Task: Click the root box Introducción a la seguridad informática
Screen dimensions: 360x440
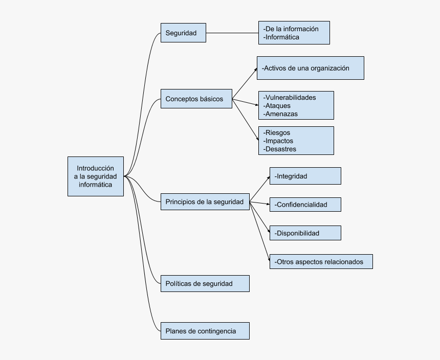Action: tap(96, 176)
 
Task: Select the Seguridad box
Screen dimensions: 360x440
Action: tap(183, 33)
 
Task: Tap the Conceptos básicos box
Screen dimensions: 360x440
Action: tap(196, 99)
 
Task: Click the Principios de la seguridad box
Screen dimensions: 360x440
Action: tap(205, 202)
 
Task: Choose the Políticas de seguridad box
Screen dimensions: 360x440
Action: tap(205, 284)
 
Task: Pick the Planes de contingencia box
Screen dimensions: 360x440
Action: tap(205, 331)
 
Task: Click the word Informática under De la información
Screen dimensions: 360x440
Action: tap(282, 37)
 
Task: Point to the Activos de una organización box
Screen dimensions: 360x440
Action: tap(310, 68)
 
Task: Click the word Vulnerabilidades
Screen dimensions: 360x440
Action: tap(290, 97)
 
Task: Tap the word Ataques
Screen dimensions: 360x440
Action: tap(277, 106)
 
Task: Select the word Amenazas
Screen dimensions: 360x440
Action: tap(281, 114)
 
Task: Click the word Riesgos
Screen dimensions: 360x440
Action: tap(277, 132)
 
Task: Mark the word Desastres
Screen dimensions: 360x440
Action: tap(280, 149)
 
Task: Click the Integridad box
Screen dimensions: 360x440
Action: tap(305, 176)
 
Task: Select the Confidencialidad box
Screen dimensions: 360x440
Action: tap(305, 205)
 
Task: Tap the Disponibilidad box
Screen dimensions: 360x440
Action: tap(305, 233)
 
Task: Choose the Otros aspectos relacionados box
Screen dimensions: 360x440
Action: tap(321, 262)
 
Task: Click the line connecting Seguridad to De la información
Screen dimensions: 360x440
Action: tap(232, 33)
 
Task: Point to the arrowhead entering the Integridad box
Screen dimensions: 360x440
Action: tap(268, 177)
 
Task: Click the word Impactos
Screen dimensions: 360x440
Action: tap(279, 141)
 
